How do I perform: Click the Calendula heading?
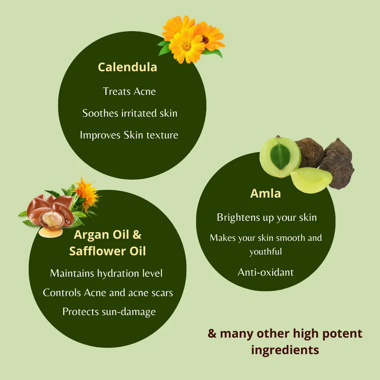click(x=128, y=67)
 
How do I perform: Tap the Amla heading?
click(x=265, y=193)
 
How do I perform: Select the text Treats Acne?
click(x=130, y=91)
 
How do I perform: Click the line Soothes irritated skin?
click(x=130, y=113)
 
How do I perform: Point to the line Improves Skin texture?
click(x=129, y=135)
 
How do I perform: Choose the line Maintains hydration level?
click(x=106, y=273)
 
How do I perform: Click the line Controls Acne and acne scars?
click(x=108, y=293)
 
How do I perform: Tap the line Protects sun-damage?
click(x=109, y=312)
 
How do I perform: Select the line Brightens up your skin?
click(x=267, y=217)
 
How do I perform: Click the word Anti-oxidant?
click(x=266, y=272)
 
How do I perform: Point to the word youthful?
click(x=266, y=252)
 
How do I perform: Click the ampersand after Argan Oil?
click(x=137, y=235)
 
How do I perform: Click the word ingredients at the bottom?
click(x=285, y=350)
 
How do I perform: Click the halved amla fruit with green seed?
click(x=281, y=157)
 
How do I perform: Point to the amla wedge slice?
click(x=311, y=180)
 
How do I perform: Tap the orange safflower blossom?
click(x=87, y=193)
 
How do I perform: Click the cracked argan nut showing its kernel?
click(x=51, y=220)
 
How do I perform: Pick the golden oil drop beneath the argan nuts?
click(x=50, y=233)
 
